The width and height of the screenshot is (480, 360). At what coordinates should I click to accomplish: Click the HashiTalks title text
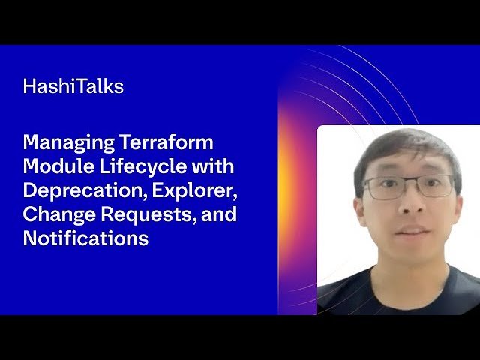click(x=73, y=86)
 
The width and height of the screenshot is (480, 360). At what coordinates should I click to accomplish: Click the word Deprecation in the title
click(x=84, y=190)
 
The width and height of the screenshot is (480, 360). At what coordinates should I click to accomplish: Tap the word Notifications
click(x=85, y=238)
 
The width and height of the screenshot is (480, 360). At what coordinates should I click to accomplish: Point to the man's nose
click(x=409, y=206)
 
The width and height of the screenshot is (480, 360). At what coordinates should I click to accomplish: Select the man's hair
click(x=405, y=146)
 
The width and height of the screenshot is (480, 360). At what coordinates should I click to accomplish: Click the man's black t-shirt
click(x=397, y=296)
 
